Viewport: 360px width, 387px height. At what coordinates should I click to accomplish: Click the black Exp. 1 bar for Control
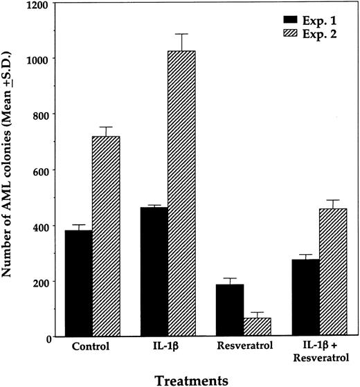[79, 284]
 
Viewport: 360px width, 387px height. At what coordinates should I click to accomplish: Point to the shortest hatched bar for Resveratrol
[258, 327]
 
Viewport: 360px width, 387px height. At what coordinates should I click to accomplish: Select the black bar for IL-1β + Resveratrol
[306, 298]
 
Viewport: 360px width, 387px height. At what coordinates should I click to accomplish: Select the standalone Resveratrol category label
[244, 348]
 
